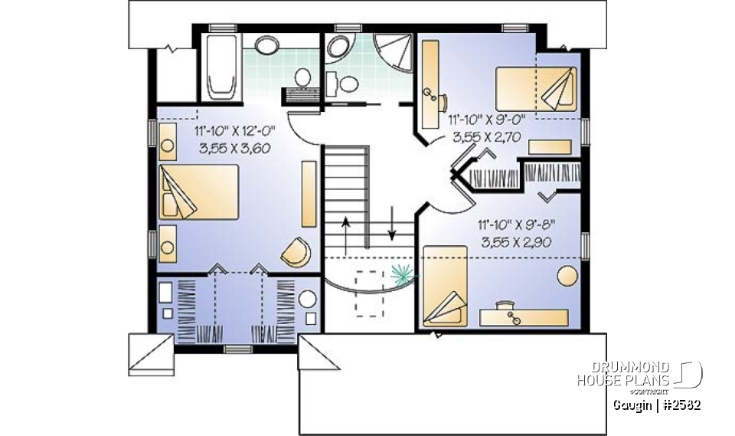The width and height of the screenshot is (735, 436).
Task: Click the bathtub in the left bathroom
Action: click(x=220, y=66)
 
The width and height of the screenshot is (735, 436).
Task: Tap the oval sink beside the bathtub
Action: click(x=267, y=46)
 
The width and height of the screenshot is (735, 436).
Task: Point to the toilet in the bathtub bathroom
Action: click(x=303, y=77)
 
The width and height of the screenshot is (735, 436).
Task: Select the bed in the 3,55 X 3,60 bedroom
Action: click(x=199, y=192)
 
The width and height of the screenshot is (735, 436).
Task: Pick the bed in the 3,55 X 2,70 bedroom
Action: click(x=536, y=89)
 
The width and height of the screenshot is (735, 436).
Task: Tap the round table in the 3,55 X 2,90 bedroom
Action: click(x=568, y=275)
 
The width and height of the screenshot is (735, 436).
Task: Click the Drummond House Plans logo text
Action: click(x=624, y=374)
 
